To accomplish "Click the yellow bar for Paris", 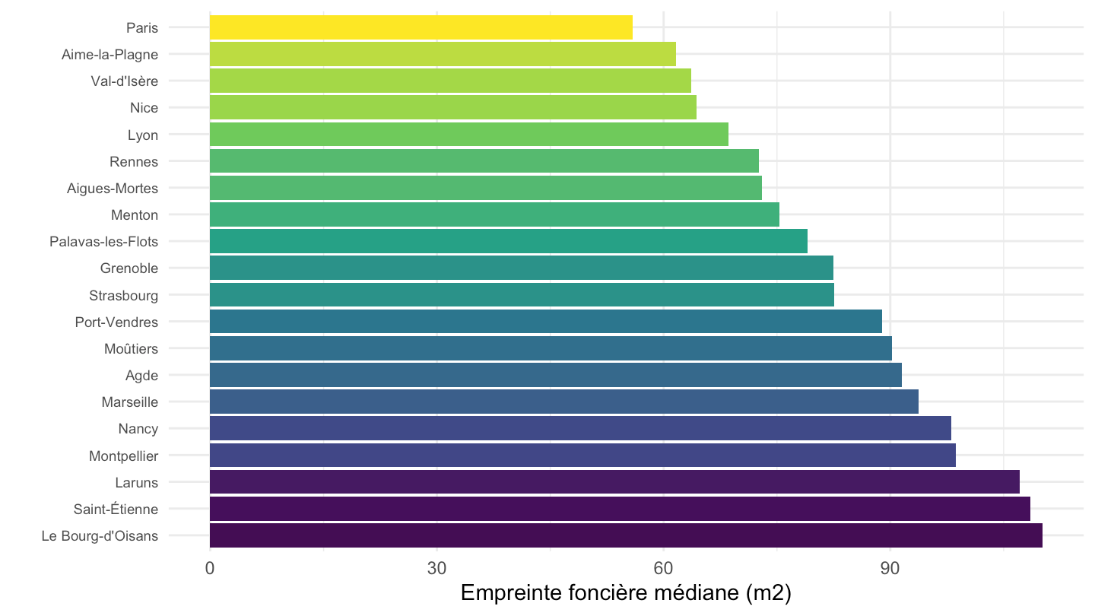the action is (x=421, y=27).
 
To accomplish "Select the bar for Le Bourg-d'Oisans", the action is (x=626, y=535).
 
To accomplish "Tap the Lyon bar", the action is (x=468, y=134).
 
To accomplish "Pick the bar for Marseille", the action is (x=564, y=402).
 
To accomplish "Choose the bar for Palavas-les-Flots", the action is (x=509, y=241).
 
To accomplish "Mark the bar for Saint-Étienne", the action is (x=620, y=509).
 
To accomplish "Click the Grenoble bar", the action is (x=522, y=268).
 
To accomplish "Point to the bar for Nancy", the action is (x=580, y=428).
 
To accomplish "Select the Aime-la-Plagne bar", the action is (x=443, y=54).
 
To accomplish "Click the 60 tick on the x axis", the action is (x=663, y=568).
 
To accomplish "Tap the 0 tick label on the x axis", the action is (x=210, y=568).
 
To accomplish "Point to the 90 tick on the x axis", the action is (x=890, y=568).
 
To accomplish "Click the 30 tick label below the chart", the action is (x=436, y=568).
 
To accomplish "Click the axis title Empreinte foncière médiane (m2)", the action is (x=626, y=593).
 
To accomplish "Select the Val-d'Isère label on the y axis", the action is (x=125, y=81).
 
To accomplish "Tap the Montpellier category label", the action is (x=124, y=456).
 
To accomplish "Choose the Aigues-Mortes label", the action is (x=113, y=189).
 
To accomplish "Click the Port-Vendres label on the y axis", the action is (x=117, y=322).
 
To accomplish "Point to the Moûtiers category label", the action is (x=131, y=348).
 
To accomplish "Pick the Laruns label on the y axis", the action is (x=137, y=482).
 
